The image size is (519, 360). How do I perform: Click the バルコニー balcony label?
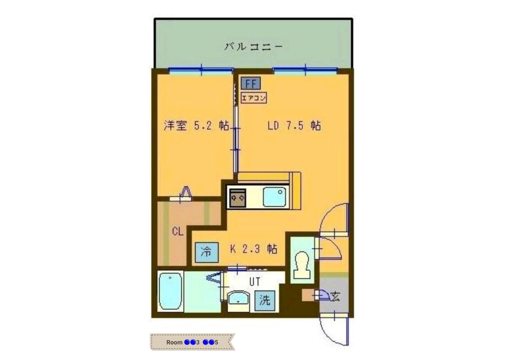click(x=253, y=47)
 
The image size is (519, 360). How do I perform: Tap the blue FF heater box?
click(x=251, y=83)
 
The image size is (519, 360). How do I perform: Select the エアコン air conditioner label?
click(x=253, y=98)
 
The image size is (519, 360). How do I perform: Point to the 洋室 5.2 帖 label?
click(x=196, y=126)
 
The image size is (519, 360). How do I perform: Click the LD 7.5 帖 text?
click(x=294, y=126)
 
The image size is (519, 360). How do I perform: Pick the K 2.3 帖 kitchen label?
click(x=254, y=249)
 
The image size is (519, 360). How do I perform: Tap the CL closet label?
click(x=177, y=231)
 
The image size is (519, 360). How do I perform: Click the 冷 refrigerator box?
click(x=207, y=252)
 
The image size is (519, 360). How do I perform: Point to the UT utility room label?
click(x=255, y=282)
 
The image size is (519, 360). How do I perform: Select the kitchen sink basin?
click(x=274, y=197)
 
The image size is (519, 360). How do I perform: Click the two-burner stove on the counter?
click(x=238, y=198)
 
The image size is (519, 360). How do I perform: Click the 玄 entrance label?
click(x=335, y=296)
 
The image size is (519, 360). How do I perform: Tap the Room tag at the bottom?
click(x=192, y=342)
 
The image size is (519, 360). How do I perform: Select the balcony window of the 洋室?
click(x=201, y=70)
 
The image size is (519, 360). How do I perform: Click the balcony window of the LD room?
click(x=305, y=70)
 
